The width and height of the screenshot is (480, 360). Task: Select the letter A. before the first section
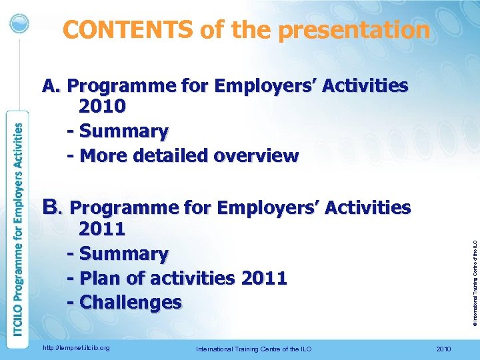tap(51, 86)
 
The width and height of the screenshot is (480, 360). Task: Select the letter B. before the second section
tap(52, 207)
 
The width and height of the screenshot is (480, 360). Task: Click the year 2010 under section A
tap(102, 107)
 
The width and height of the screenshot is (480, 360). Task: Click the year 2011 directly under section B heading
tap(102, 229)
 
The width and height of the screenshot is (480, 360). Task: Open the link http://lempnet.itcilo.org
tap(75, 348)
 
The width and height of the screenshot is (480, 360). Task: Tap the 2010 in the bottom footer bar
tap(443, 349)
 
